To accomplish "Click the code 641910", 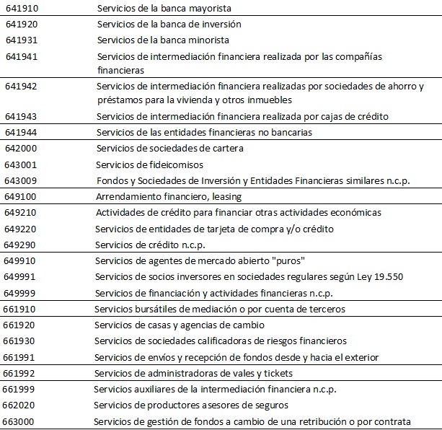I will tap(21, 8).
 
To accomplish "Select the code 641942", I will tap(21, 86).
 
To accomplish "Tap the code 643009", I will tap(21, 180).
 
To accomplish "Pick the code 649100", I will tap(21, 196).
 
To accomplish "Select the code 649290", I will tap(21, 245).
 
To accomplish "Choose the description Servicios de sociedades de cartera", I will tap(169, 149).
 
